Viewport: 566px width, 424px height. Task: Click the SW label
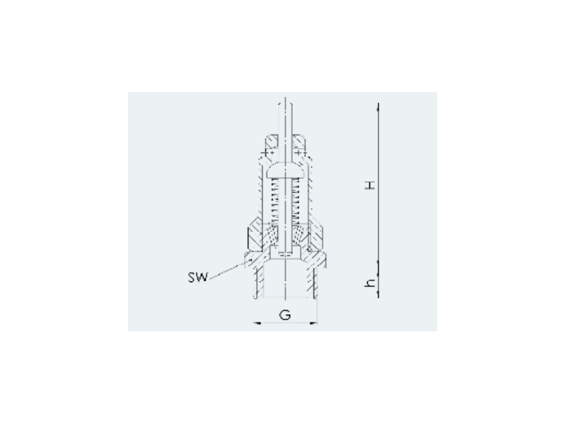tap(198, 277)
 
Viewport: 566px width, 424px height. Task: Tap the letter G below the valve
tap(285, 314)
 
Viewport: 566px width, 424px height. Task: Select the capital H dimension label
tap(370, 185)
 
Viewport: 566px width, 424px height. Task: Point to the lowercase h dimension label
tap(370, 283)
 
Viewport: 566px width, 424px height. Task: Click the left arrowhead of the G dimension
tap(256, 323)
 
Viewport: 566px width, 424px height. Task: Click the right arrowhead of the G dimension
tap(313, 323)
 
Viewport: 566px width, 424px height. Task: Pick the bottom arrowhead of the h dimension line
tap(379, 294)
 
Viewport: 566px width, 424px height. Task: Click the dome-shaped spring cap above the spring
tap(286, 170)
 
